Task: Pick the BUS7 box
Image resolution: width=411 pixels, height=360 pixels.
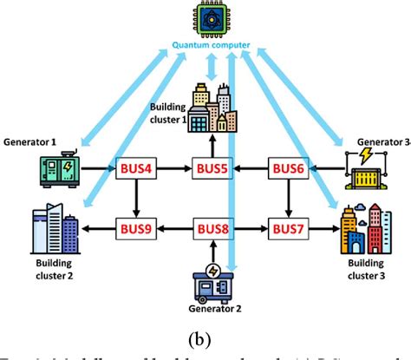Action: (286, 229)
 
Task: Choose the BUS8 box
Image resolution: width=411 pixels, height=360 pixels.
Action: (212, 229)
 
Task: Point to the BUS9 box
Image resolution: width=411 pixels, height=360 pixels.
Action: (134, 229)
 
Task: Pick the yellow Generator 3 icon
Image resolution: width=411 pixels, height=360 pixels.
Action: (363, 170)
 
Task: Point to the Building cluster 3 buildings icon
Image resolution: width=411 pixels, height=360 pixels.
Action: (362, 227)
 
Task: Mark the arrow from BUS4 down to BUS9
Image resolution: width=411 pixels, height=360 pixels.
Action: (134, 200)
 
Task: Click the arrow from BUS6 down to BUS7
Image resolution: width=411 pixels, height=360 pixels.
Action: (286, 200)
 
